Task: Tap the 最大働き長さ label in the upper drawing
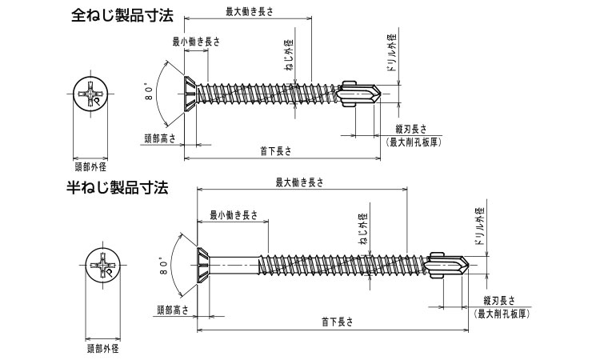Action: (x=247, y=10)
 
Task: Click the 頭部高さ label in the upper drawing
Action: (x=159, y=138)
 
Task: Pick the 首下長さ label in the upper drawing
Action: (x=276, y=150)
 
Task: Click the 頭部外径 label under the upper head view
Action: (x=90, y=167)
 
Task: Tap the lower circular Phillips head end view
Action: (x=102, y=270)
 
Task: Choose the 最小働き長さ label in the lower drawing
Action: (x=234, y=214)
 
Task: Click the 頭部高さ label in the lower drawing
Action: (x=172, y=310)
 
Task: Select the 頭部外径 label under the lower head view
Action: (x=102, y=348)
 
